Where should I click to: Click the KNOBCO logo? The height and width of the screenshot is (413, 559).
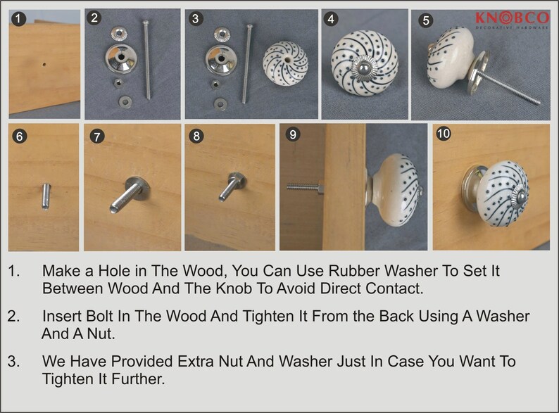point(513,20)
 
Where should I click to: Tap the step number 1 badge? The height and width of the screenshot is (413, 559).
point(18,19)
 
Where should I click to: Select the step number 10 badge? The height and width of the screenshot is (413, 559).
point(443,134)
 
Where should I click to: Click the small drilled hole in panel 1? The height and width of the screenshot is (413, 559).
point(44,65)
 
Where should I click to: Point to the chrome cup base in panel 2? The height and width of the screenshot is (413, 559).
point(120,58)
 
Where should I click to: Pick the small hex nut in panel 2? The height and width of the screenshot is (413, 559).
point(118,84)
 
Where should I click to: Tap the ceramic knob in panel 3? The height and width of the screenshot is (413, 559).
point(286,63)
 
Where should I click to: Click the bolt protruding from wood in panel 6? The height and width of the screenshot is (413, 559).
point(46,196)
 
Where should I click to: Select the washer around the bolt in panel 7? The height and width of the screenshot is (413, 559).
point(137,188)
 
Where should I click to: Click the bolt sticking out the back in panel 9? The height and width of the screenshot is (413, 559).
point(306,187)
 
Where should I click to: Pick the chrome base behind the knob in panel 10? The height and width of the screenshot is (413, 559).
point(473,188)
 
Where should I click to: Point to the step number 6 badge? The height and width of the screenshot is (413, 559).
point(19,136)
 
